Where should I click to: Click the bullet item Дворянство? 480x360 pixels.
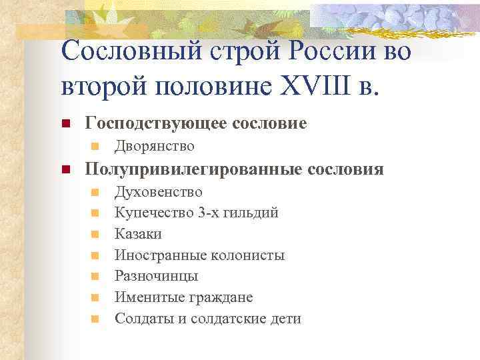pyautogui.click(x=155, y=146)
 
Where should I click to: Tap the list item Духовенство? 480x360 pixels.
pyautogui.click(x=159, y=192)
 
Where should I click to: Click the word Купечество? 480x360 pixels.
pyautogui.click(x=153, y=213)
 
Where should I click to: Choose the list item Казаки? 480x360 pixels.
pyautogui.click(x=138, y=234)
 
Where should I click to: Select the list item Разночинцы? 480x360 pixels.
pyautogui.click(x=156, y=276)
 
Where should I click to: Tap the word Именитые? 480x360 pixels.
pyautogui.click(x=145, y=297)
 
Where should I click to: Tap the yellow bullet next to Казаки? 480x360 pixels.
pyautogui.click(x=95, y=234)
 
